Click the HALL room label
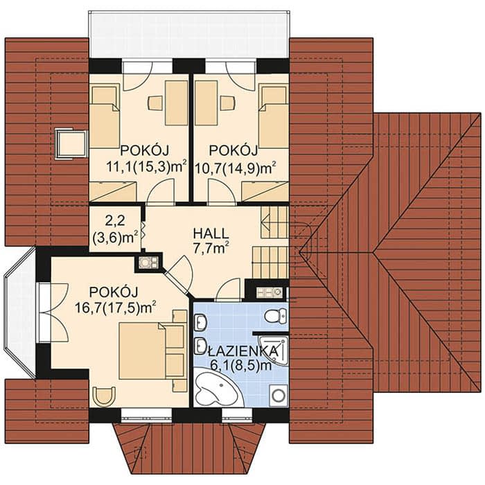tap(211, 234)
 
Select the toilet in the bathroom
tap(276, 315)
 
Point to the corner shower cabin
tap(275, 350)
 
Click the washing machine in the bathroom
tap(279, 395)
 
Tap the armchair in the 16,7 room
tap(105, 396)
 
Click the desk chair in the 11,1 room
tap(155, 103)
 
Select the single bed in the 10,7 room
tap(273, 116)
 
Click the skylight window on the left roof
tap(71, 144)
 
